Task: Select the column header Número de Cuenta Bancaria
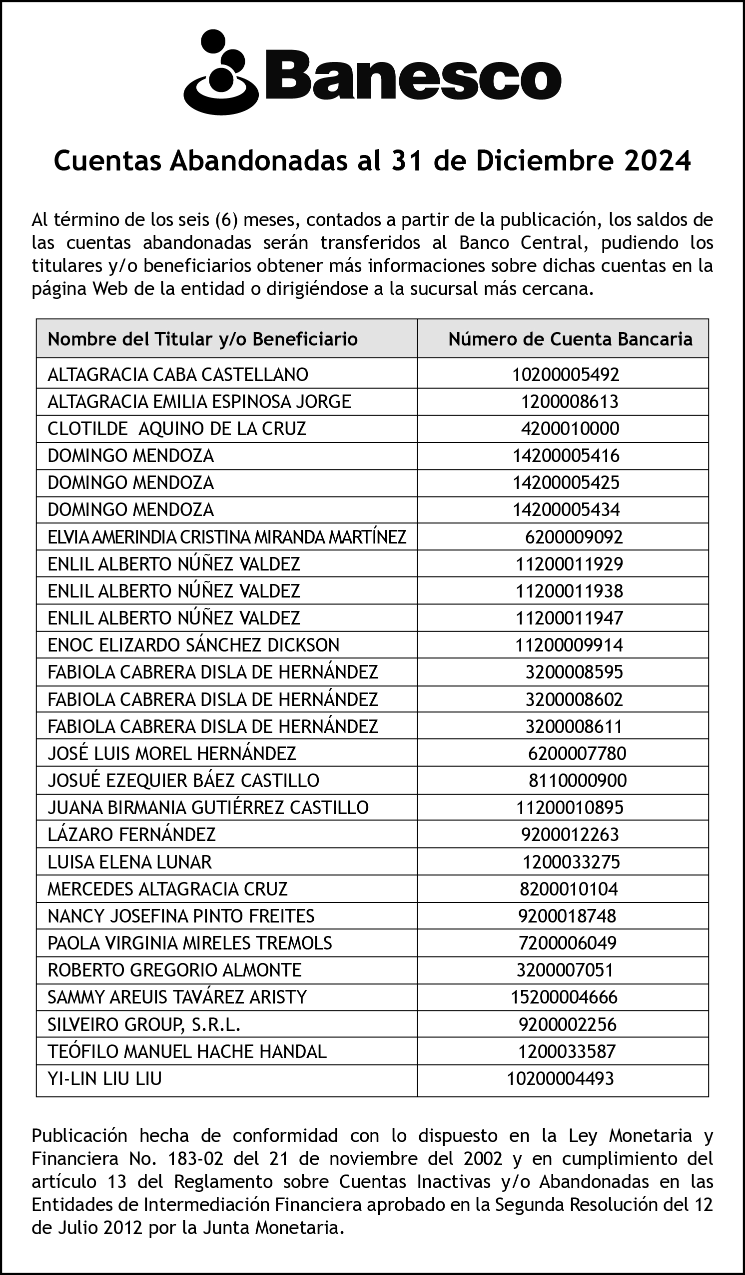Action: coord(570,339)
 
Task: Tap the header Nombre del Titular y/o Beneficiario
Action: coord(202,339)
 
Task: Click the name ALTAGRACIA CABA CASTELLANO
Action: coord(177,374)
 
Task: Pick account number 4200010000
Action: coord(570,428)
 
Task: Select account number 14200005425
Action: coord(566,482)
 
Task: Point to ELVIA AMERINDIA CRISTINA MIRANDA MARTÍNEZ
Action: coord(226,537)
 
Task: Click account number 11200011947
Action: coord(569,618)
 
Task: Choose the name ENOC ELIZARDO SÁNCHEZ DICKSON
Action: coord(193,645)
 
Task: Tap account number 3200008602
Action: coord(574,699)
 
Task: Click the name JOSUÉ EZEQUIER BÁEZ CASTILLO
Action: coord(183,780)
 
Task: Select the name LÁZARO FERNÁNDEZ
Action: coord(131,834)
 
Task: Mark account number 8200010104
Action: coord(569,888)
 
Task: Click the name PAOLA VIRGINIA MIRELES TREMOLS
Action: coord(190,942)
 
